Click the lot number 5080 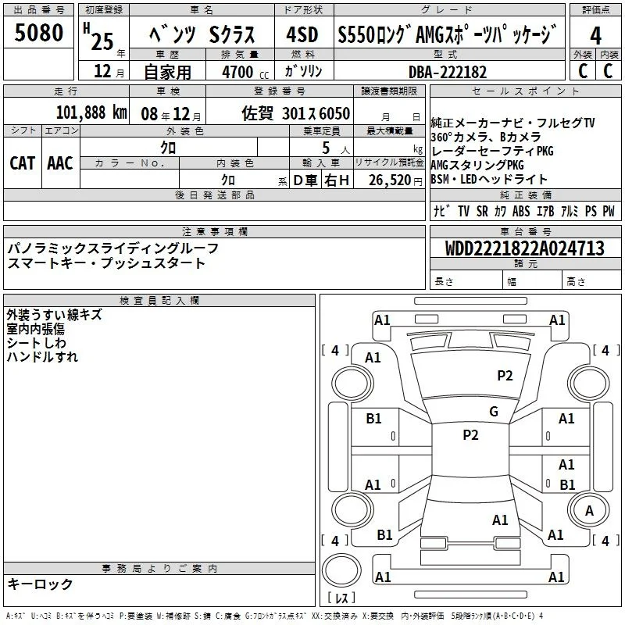38,32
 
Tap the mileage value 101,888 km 91,112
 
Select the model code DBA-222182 447,72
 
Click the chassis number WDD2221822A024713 524,248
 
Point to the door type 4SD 302,34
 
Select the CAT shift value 23,163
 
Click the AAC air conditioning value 60,163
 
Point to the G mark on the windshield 494,411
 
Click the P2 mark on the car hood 505,375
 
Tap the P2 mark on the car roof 470,434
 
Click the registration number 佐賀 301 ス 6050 296,113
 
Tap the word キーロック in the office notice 40,584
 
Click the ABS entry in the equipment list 521,211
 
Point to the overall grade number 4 595,36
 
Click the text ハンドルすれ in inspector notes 42,356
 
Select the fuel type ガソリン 303,71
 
